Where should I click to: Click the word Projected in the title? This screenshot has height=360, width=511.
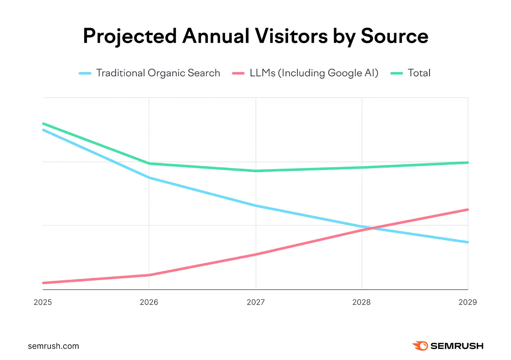pyautogui.click(x=130, y=36)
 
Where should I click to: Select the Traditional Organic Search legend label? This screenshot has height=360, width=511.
pyautogui.click(x=158, y=73)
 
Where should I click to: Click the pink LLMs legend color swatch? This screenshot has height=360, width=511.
pyautogui.click(x=238, y=73)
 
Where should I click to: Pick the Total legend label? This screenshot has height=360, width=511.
pyautogui.click(x=419, y=73)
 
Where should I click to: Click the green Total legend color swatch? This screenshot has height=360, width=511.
pyautogui.click(x=397, y=73)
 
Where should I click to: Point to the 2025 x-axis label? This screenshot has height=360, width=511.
pyautogui.click(x=43, y=302)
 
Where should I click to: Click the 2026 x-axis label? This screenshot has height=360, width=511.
pyautogui.click(x=149, y=302)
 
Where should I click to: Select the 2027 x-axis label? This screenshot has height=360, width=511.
pyautogui.click(x=256, y=302)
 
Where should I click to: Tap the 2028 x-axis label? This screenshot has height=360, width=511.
pyautogui.click(x=362, y=302)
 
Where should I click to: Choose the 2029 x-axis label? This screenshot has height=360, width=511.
pyautogui.click(x=468, y=302)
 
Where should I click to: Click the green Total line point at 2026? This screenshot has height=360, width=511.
pyautogui.click(x=149, y=164)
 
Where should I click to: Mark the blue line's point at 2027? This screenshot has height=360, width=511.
pyautogui.click(x=256, y=206)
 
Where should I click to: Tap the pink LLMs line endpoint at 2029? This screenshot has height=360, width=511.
pyautogui.click(x=468, y=210)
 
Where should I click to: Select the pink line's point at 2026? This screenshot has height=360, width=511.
pyautogui.click(x=149, y=275)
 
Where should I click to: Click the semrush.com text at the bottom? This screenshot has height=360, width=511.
pyautogui.click(x=53, y=346)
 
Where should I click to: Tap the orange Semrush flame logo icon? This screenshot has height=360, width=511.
pyautogui.click(x=420, y=346)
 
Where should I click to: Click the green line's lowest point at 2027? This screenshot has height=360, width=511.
pyautogui.click(x=256, y=171)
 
